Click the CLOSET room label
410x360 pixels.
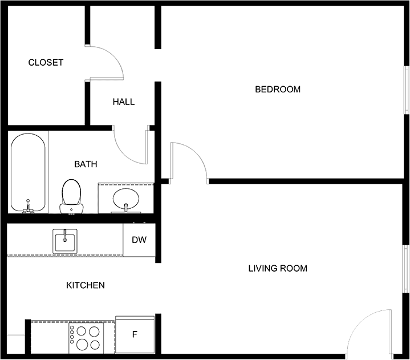click(46, 63)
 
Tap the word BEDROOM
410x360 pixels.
click(278, 90)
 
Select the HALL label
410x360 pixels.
click(124, 102)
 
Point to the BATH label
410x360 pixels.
click(86, 164)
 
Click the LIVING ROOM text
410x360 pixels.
click(278, 268)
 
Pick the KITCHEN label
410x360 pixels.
click(86, 285)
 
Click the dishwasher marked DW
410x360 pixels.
click(139, 240)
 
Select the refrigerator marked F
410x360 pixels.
click(135, 335)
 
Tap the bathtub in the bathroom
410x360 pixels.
click(28, 173)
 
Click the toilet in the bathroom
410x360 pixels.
click(71, 196)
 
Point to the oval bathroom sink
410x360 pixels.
click(126, 199)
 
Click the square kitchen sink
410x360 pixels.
click(65, 241)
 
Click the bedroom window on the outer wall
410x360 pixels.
click(407, 90)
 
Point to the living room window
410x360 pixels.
click(406, 269)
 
